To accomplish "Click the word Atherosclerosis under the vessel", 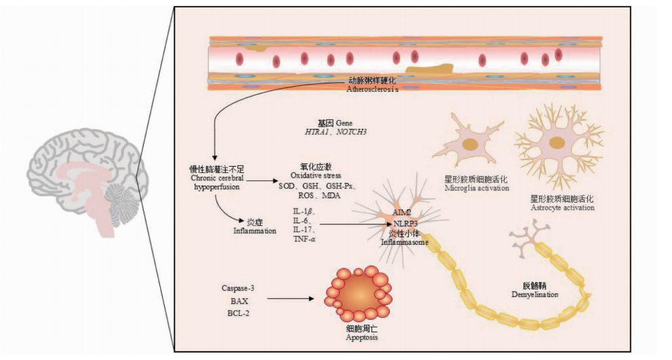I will [x=372, y=89].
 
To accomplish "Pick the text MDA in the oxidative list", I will [x=330, y=195].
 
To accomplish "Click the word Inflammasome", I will [x=405, y=241].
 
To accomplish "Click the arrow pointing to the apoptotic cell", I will [x=292, y=298].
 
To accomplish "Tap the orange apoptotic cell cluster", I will [x=358, y=294].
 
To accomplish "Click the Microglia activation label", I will [x=477, y=188].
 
